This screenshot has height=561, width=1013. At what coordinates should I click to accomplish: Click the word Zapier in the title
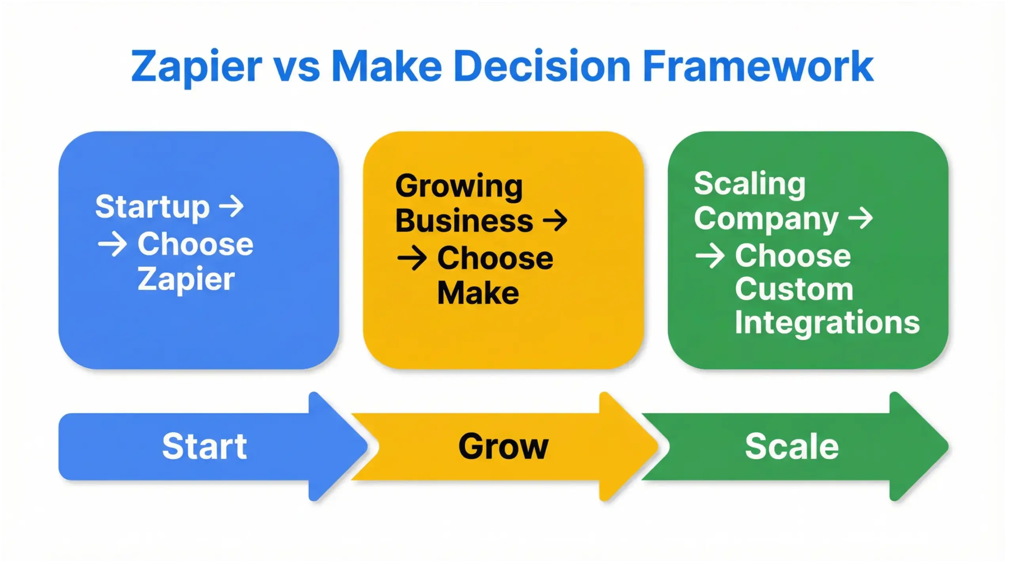coord(196,67)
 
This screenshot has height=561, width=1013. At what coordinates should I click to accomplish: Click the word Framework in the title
coord(758,66)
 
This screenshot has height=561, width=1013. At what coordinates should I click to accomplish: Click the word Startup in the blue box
coord(152,207)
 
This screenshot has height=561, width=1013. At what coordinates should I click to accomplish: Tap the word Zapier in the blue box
coord(186,279)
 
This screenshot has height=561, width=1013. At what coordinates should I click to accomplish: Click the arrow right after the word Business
coord(555,220)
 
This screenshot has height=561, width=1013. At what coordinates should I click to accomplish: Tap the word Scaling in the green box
coord(750,184)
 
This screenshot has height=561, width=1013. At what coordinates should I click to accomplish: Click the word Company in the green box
coord(766,219)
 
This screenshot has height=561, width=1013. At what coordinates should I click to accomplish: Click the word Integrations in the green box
coord(827,322)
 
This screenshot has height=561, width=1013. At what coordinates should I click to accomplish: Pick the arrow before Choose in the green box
coord(710,256)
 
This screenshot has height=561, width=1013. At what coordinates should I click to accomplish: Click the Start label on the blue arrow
coord(205,447)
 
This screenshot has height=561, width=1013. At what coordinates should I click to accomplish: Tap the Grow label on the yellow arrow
coord(503,447)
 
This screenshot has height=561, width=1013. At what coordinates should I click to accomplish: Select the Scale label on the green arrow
coord(791,447)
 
